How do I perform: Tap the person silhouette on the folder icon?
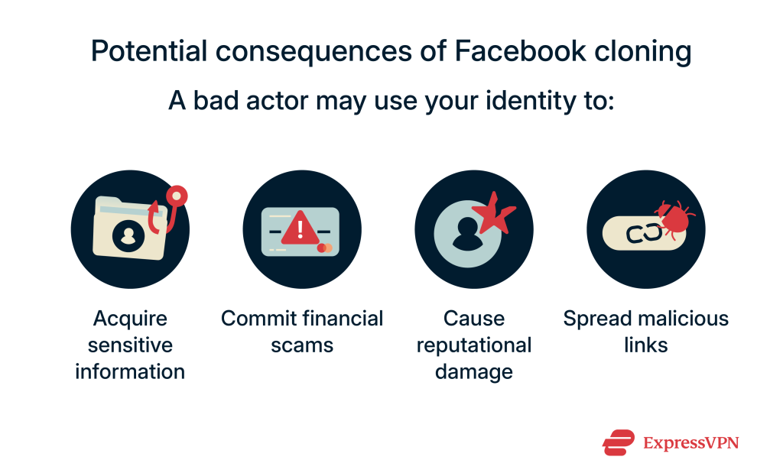tap(128, 236)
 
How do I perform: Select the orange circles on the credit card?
tap(325, 248)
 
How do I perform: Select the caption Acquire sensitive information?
tap(130, 345)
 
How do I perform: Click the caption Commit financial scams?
tap(302, 332)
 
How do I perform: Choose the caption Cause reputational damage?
tap(473, 345)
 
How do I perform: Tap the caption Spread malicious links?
tap(646, 332)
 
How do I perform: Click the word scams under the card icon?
tap(302, 345)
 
